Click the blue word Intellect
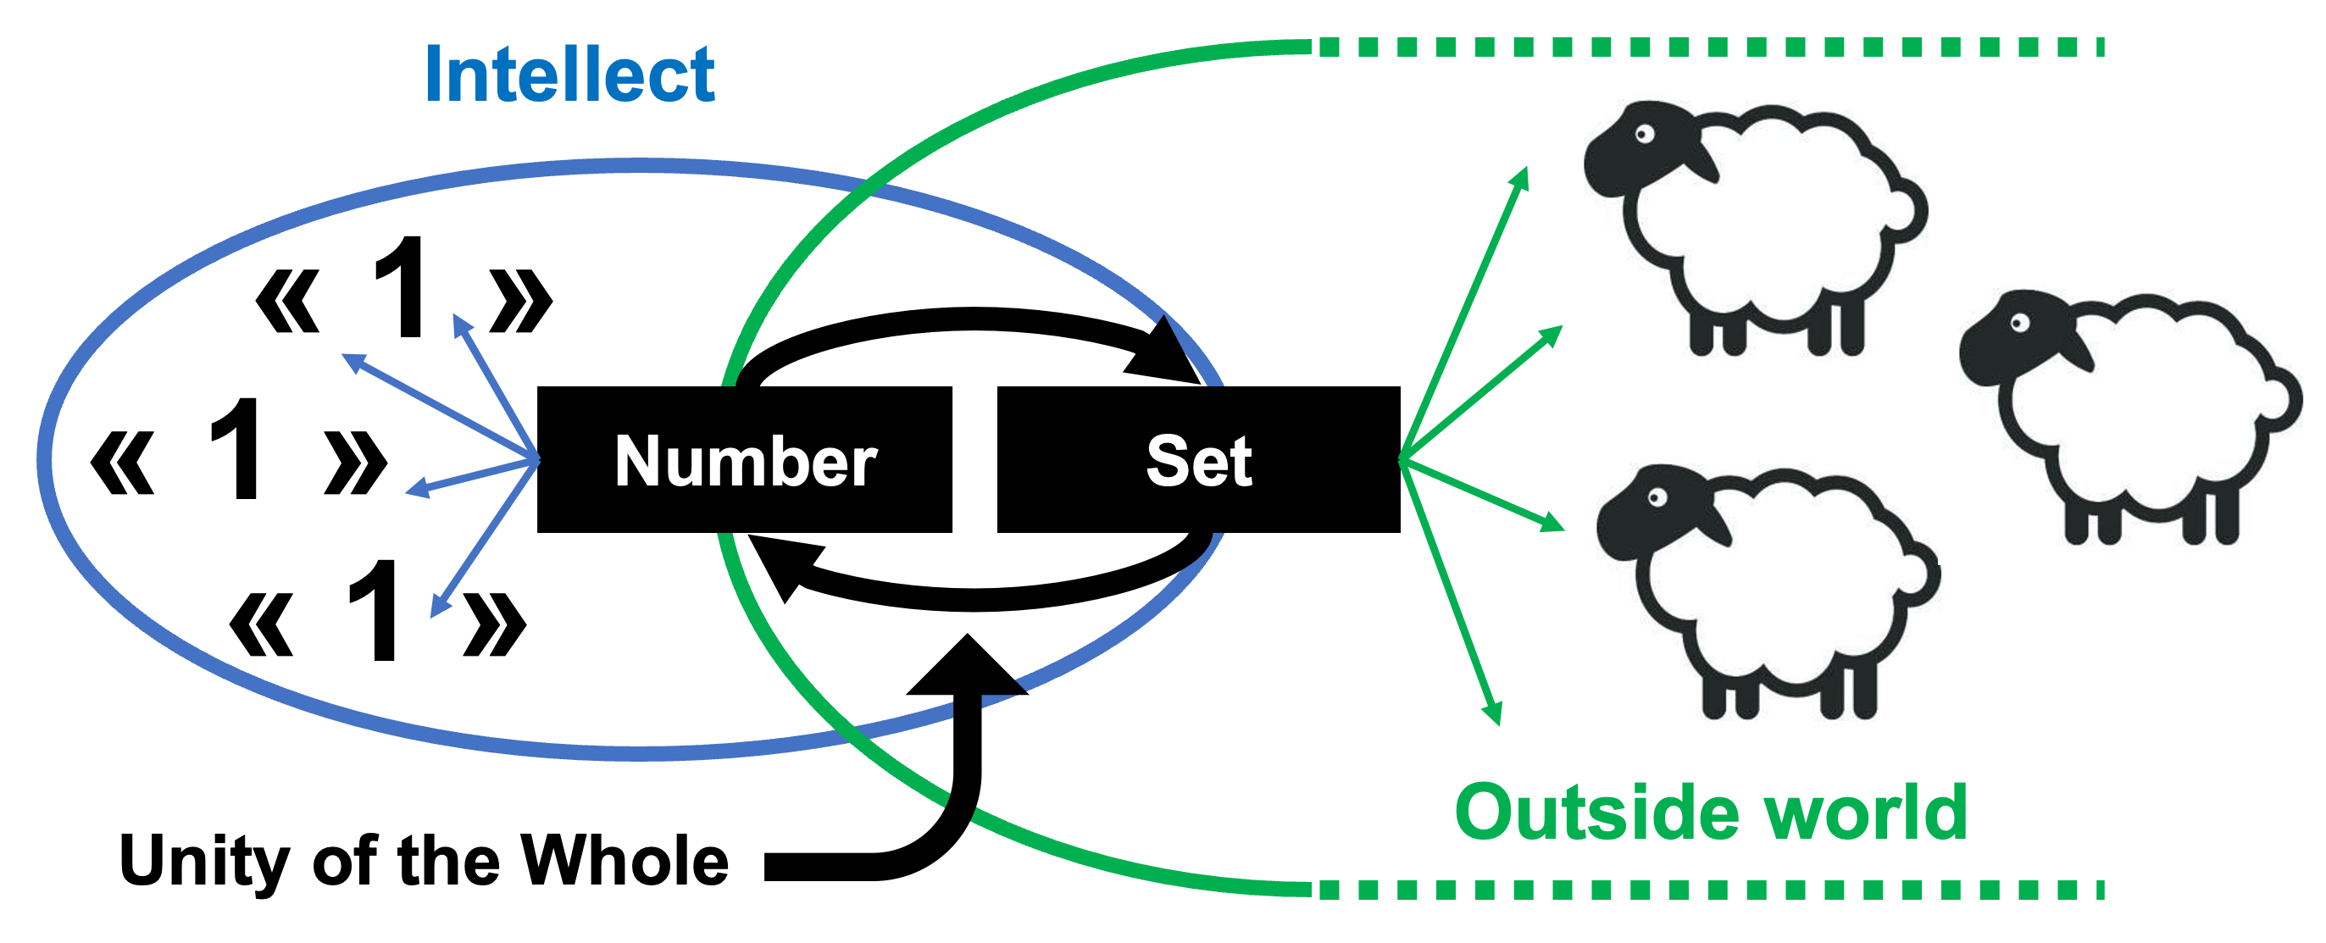click(569, 74)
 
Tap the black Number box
click(745, 460)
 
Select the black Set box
click(1198, 460)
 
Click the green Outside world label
click(1711, 812)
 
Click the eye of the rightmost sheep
click(2019, 323)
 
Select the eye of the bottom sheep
click(1656, 497)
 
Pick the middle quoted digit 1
click(236, 448)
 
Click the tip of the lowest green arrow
click(1496, 718)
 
